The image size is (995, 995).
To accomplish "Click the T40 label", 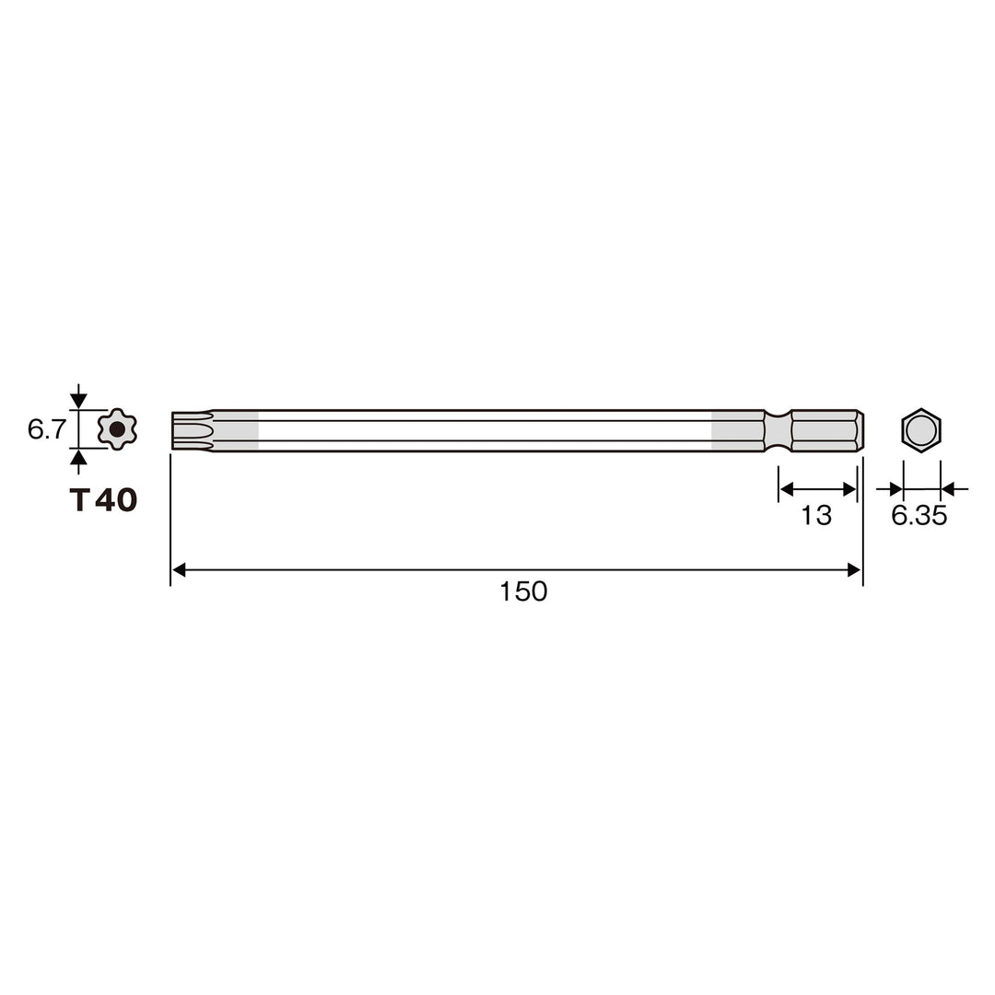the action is [x=103, y=500].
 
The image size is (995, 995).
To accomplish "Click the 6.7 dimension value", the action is [x=46, y=429].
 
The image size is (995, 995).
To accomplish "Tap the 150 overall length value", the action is [x=523, y=591].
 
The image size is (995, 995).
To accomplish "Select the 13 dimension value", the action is [x=816, y=515].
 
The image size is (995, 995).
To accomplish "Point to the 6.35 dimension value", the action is [x=919, y=515].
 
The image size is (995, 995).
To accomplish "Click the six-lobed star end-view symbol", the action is [x=117, y=429].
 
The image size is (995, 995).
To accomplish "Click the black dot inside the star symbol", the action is [x=117, y=429].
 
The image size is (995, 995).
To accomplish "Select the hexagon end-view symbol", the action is [x=920, y=430].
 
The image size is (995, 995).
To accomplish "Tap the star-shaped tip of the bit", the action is [x=193, y=431].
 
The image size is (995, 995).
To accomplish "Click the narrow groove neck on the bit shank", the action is [x=778, y=431].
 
